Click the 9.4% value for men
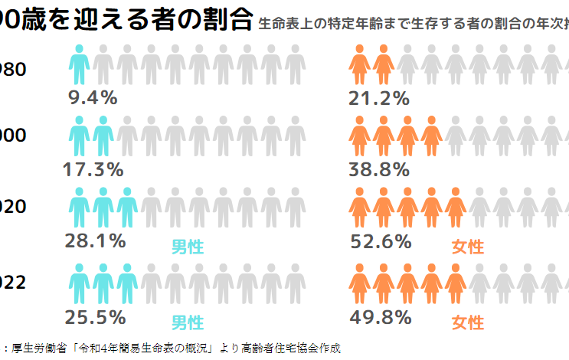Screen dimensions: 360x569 [92, 97]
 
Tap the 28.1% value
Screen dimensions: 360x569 [96, 241]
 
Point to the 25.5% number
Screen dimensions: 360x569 [96, 316]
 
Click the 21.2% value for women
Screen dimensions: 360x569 [378, 97]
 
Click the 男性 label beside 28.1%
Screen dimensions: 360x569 [187, 247]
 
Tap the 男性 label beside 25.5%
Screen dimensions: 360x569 [187, 322]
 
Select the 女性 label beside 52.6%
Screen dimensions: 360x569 [468, 247]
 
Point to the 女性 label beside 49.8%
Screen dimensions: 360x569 [468, 322]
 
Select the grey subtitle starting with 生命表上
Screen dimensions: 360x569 [414, 24]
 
